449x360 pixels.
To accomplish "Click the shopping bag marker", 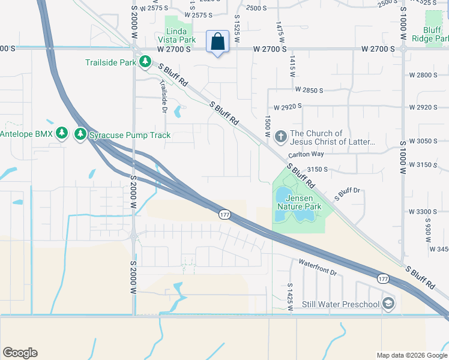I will point(218,43).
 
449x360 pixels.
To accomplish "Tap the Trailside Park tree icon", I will point(145,61).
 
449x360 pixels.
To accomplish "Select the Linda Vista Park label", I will point(180,35).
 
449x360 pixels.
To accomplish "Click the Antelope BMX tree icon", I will point(61,133).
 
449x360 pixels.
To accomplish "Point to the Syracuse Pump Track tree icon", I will point(80,134).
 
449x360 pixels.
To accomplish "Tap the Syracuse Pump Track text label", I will point(130,135).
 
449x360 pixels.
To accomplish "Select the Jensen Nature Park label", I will point(299,202).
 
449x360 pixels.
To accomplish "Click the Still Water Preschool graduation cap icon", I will point(388,304).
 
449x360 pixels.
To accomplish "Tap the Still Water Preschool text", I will point(341,304).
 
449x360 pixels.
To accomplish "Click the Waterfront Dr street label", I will point(318,267).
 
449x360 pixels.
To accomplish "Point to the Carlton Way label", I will point(306,155).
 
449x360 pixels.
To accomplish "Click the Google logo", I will point(20,353).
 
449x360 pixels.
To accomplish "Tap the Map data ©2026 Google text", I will point(411,355).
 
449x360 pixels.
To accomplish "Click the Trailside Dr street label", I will point(163,97).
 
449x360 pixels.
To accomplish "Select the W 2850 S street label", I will point(309,90).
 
